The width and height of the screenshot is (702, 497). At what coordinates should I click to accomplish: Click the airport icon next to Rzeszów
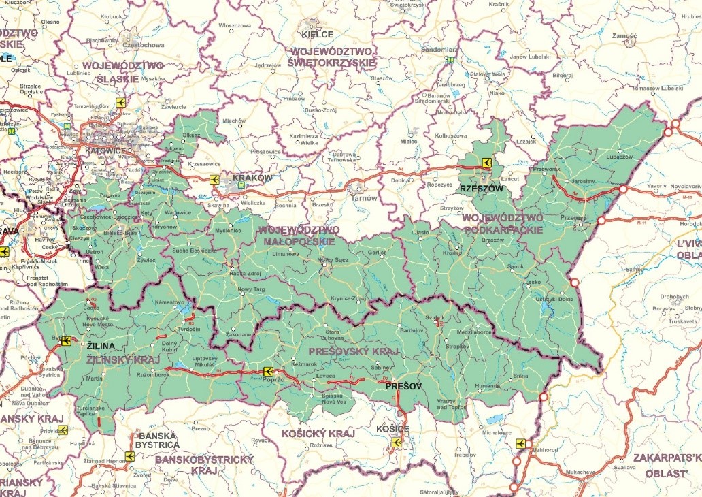coord(486,163)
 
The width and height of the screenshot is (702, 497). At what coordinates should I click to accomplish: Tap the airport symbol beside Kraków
coord(215,180)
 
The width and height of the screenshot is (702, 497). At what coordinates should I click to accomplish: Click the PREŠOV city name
coord(403,386)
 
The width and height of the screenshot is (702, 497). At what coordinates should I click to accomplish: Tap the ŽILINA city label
coord(101,346)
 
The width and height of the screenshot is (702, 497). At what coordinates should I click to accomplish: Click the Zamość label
coord(624,35)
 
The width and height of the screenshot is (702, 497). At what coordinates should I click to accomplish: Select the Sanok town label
coord(534,266)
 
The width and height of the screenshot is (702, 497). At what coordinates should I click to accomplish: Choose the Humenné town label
coord(487,385)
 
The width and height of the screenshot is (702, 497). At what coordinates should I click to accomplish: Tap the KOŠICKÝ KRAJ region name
coord(314,433)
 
